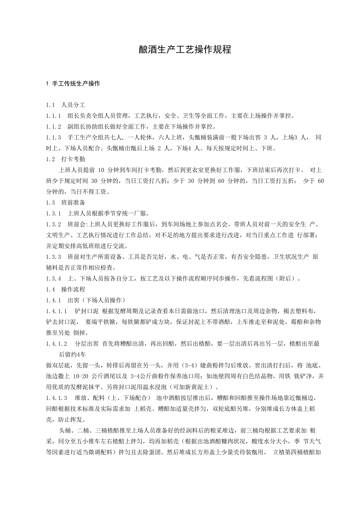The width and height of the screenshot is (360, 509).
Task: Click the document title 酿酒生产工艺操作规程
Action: tap(180, 50)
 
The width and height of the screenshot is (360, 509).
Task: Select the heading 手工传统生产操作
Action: tap(76, 84)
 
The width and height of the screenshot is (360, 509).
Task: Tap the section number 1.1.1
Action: tap(54, 116)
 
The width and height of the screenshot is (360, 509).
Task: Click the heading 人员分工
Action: tap(73, 106)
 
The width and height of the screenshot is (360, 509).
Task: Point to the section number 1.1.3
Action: tap(54, 138)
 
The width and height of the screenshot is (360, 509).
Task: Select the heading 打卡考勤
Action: tap(73, 159)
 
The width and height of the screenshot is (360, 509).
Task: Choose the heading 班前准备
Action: tap(73, 203)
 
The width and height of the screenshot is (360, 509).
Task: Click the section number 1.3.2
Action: tap(54, 224)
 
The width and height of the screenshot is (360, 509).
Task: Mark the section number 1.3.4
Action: tap(54, 278)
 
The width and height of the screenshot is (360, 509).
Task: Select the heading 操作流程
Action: tap(73, 289)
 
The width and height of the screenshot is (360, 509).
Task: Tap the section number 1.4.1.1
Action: tap(57, 311)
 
